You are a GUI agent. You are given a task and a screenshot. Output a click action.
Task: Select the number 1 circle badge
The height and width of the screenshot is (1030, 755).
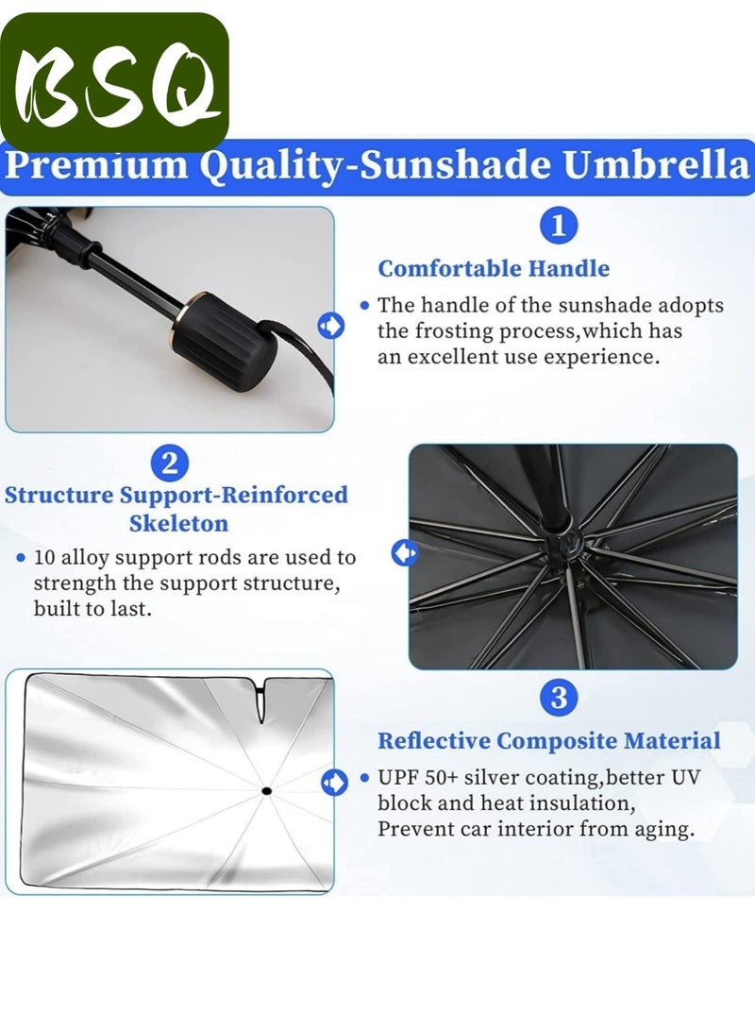[x=559, y=227]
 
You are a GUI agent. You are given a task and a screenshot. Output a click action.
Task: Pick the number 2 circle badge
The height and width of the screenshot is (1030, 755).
[x=170, y=463]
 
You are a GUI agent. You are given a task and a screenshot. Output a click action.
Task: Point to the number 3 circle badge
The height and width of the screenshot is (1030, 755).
[x=559, y=698]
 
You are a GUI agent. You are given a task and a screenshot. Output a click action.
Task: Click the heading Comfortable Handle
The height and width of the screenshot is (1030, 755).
[x=494, y=268]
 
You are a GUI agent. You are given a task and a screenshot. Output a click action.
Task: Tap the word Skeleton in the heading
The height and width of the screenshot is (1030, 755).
[x=178, y=522]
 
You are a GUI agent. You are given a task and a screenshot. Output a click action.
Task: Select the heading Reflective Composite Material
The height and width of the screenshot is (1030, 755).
[x=548, y=741]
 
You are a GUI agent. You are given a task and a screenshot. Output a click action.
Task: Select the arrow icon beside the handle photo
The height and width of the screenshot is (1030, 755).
[x=331, y=327]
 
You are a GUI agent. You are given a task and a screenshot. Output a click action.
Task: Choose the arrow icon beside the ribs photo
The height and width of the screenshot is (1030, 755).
[x=404, y=552]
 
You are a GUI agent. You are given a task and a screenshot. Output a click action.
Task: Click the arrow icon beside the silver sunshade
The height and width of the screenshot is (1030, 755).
[x=332, y=782]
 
